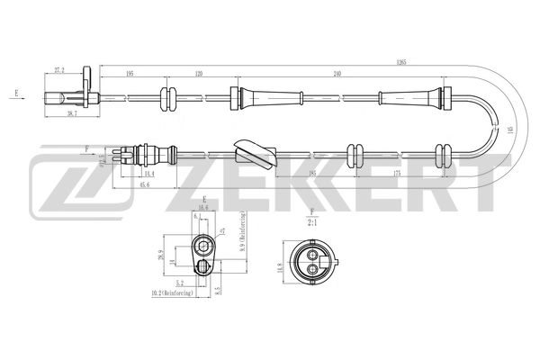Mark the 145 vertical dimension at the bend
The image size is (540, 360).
509,130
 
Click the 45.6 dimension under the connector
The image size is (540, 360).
144,185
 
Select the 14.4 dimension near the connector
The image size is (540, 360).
149,173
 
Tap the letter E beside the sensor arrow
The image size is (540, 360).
17,93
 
